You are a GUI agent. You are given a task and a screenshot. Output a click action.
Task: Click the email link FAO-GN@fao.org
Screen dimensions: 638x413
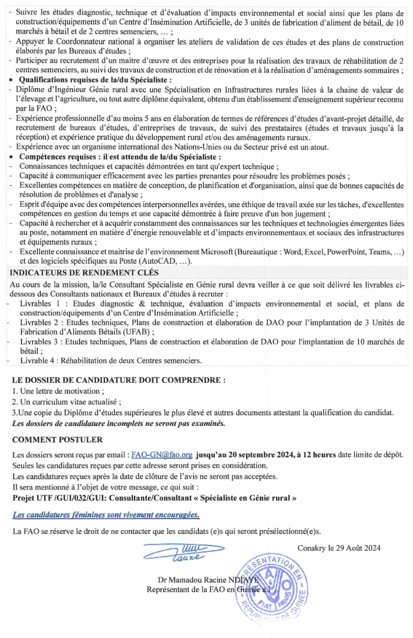tap(162, 455)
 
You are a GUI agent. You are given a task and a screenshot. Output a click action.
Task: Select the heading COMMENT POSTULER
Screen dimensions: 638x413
tap(57, 440)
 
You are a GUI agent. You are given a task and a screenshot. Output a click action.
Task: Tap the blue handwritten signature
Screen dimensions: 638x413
tap(184, 552)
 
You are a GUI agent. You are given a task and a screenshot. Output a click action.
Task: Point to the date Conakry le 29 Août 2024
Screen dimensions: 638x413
tap(339, 548)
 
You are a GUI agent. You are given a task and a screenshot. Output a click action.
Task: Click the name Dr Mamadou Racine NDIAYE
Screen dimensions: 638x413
tap(208, 580)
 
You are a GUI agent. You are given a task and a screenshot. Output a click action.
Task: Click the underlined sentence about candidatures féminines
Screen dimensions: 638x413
tap(106, 515)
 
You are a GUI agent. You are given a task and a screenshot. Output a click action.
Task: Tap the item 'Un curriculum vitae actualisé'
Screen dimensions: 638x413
tap(67, 402)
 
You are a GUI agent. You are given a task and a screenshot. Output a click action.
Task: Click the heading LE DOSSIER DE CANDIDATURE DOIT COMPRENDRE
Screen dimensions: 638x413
tap(118, 380)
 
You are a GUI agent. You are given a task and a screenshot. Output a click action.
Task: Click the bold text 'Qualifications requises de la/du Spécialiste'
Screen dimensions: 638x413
tap(93, 80)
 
